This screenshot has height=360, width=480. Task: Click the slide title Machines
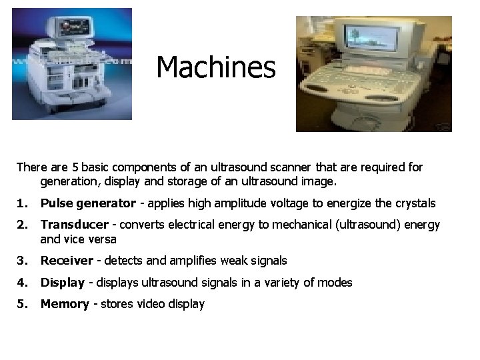(x=216, y=67)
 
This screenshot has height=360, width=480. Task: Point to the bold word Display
(x=62, y=283)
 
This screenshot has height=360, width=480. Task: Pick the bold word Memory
(x=65, y=305)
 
